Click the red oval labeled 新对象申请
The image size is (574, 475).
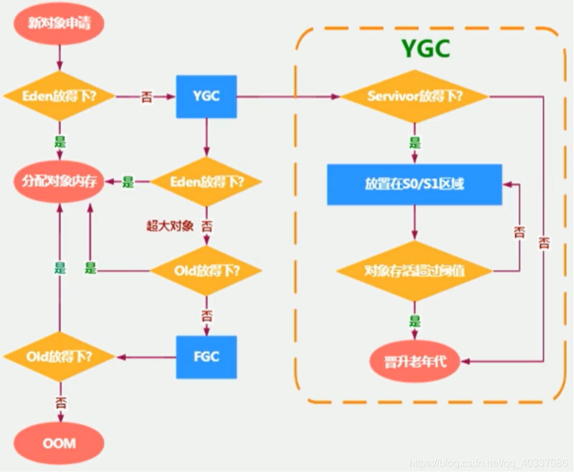[59, 24]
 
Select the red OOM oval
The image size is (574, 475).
[59, 443]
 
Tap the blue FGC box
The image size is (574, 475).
[206, 357]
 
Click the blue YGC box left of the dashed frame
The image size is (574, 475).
[206, 96]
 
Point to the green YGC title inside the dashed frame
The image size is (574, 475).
[425, 49]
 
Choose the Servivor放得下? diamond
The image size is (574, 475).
[415, 96]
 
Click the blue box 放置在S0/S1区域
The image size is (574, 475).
[415, 184]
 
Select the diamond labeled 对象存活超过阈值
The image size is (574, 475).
[415, 271]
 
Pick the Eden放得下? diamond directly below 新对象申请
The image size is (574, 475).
[59, 96]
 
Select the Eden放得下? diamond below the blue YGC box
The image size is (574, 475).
[206, 182]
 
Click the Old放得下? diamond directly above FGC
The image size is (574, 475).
[206, 270]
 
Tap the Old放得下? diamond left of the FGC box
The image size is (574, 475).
[59, 357]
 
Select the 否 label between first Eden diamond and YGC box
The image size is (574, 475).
[147, 97]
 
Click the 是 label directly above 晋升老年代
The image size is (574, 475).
[415, 319]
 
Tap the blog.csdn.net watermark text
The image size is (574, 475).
[487, 463]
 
